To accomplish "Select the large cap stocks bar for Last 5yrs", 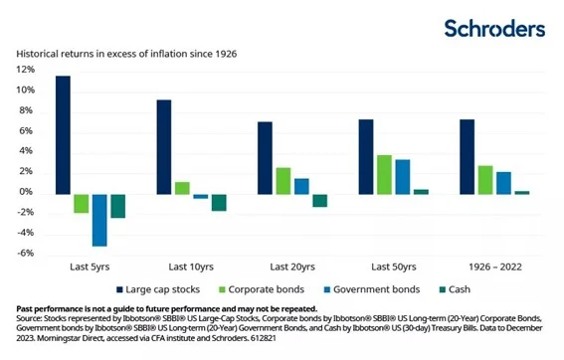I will coord(63,134).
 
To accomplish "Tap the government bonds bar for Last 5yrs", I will coord(99,219).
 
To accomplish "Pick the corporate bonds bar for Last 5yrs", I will coord(82,203).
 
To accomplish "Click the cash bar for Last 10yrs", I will coord(219,202).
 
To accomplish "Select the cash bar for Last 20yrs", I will coord(320,200).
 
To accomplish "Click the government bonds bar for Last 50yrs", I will coord(403,176).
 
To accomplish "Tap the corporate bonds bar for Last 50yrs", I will coord(384,174).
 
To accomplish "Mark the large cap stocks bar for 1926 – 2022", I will coord(467,156).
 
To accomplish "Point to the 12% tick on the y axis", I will coord(25,70).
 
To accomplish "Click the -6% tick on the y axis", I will coord(25,253).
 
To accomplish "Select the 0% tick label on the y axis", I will coord(27,192).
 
